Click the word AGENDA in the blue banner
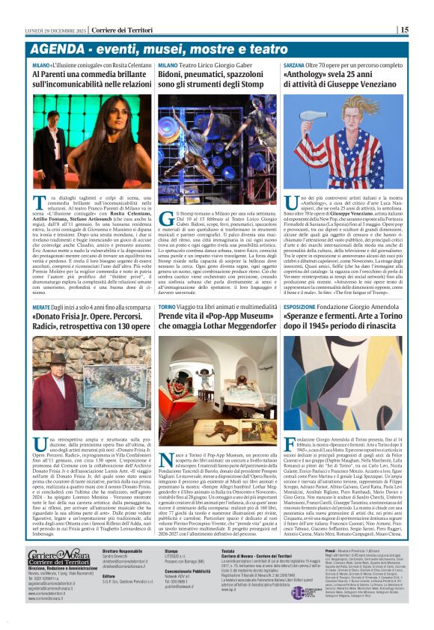[55, 49]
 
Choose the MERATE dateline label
[41, 308]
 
